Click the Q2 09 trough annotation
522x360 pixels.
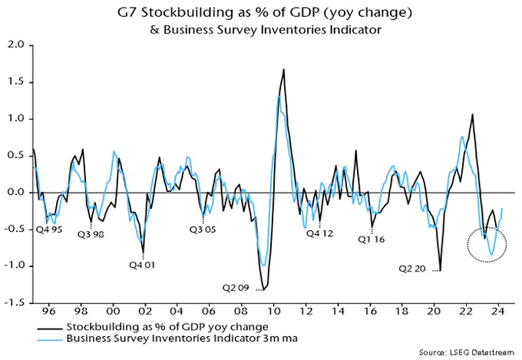coord(236,289)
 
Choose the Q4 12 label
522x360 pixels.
coord(321,234)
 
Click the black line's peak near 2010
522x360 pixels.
coord(284,70)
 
